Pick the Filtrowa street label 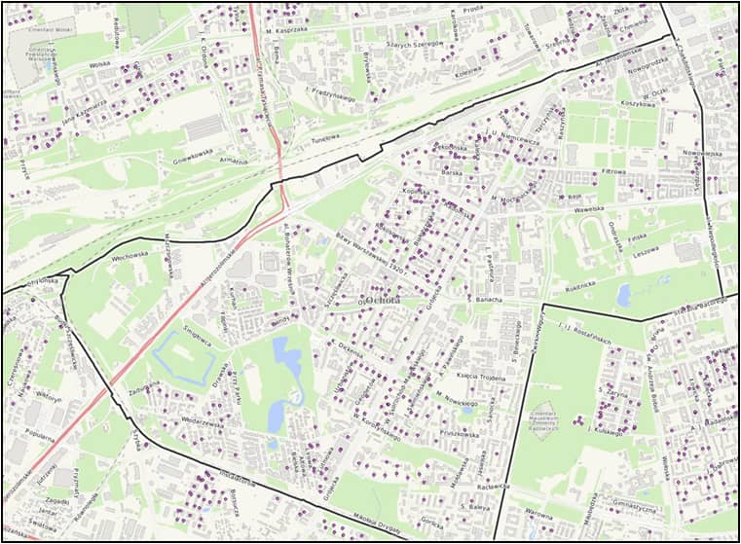(x=612, y=171)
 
